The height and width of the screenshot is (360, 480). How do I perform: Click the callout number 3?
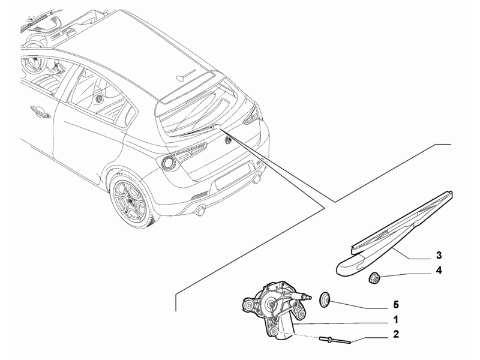coord(439,255)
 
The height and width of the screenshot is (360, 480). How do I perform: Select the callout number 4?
coord(439,271)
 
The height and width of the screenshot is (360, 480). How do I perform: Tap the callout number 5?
coord(396,305)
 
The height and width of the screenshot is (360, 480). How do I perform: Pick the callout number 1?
coord(396,320)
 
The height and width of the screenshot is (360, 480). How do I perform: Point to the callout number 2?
coord(396,334)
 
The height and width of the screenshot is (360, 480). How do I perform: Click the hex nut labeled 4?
coord(373,278)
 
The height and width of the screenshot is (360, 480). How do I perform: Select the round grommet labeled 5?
coord(325,299)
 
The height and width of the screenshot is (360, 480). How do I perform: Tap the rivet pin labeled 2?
coord(335,340)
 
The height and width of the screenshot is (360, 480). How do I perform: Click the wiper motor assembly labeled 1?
coord(274,310)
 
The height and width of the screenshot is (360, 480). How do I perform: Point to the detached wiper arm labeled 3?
coord(395,233)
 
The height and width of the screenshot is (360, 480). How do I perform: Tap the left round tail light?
coord(167,161)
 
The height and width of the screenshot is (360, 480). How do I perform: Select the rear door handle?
coord(40,112)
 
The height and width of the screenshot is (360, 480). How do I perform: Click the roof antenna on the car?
coord(186,75)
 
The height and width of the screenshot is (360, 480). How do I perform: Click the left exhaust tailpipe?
coord(201,211)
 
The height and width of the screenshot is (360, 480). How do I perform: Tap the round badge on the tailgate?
coord(228,139)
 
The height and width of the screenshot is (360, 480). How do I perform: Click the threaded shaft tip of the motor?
coord(308,297)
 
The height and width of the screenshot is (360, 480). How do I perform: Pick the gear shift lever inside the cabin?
coord(56,67)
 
